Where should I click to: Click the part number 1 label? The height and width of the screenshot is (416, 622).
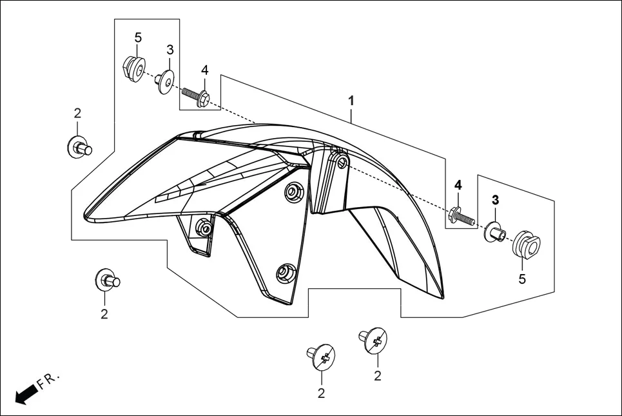[351, 101]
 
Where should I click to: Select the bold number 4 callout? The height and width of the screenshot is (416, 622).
[458, 185]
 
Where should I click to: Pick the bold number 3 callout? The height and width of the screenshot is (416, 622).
[496, 200]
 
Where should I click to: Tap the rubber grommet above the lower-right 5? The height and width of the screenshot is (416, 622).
[526, 245]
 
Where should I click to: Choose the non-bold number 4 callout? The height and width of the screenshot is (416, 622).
[204, 70]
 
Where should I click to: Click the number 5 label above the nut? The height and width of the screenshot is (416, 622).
[138, 37]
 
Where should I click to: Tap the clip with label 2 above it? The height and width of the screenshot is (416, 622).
[79, 147]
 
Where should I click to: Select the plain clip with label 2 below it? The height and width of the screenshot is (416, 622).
[107, 281]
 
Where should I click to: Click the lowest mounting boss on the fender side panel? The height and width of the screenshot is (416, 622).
[284, 273]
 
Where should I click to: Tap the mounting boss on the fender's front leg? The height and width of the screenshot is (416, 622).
[204, 228]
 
